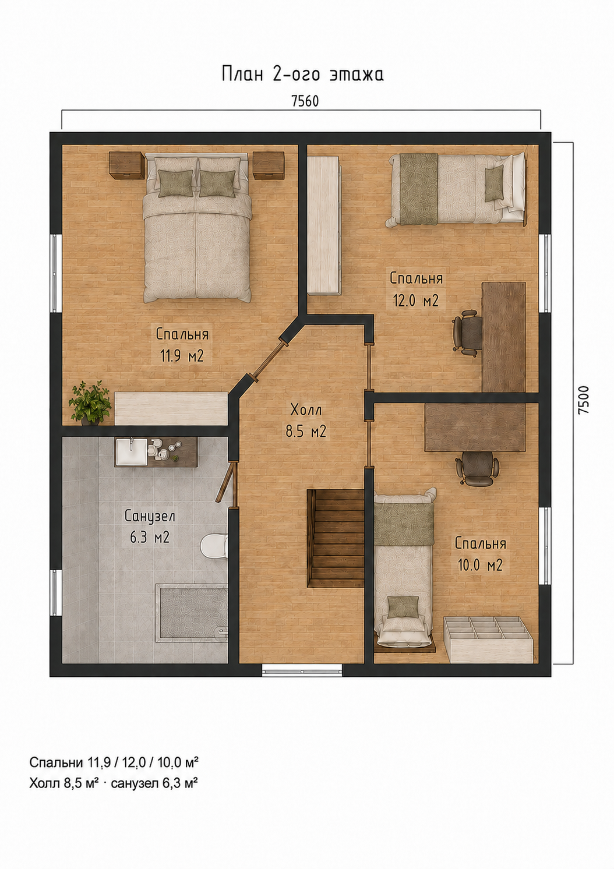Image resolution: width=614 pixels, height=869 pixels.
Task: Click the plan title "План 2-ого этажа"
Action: click(303, 75)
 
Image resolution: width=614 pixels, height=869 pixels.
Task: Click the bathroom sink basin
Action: click(131, 451)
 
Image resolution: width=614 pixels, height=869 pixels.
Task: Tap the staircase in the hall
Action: click(336, 538)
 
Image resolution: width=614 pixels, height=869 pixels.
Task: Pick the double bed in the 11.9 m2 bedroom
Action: click(196, 228)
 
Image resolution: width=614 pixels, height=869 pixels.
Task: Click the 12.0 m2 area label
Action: click(416, 301)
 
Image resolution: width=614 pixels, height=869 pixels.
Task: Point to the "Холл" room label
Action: click(306, 409)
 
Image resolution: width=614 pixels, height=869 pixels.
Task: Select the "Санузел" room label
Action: click(150, 517)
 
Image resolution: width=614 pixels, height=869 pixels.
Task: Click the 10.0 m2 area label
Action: click(481, 565)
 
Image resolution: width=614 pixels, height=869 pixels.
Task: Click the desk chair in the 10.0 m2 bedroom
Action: click(477, 468)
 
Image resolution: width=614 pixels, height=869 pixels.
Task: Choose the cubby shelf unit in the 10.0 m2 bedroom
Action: click(488, 639)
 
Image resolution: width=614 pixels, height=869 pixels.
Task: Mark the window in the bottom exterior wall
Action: click(302, 670)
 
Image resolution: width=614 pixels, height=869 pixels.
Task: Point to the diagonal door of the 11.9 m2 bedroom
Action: click(269, 359)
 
